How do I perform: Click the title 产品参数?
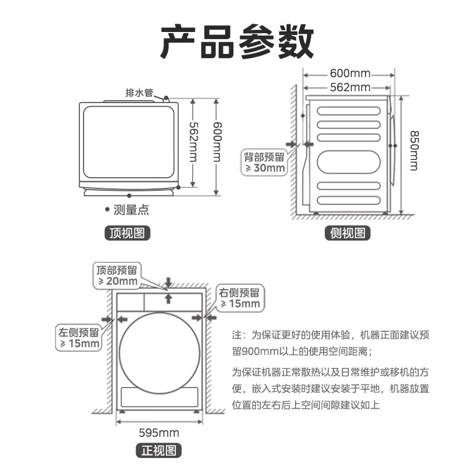click(237, 41)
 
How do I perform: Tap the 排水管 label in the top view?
click(139, 93)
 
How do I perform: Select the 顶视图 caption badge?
click(127, 233)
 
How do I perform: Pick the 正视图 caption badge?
click(158, 450)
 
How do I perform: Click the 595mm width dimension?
click(158, 432)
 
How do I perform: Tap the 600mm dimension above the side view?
click(350, 73)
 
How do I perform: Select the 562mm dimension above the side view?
click(350, 88)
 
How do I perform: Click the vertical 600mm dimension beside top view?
click(216, 143)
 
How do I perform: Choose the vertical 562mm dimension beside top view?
click(193, 143)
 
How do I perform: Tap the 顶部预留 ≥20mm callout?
click(117, 276)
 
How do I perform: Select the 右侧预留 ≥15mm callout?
click(240, 298)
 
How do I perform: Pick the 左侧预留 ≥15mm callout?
click(79, 338)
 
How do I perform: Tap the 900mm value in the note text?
click(253, 351)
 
